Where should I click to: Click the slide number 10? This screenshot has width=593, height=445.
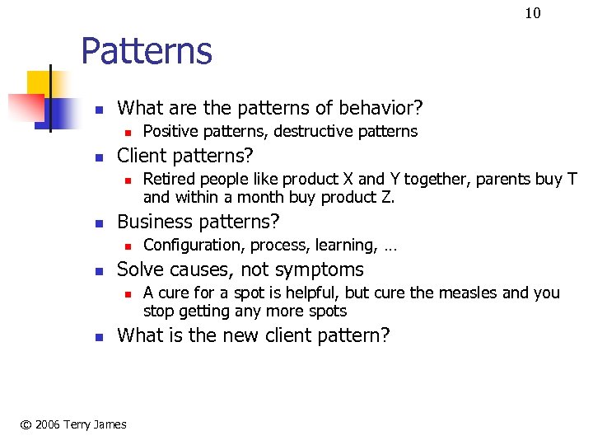click(x=533, y=12)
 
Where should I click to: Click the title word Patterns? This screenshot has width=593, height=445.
click(x=147, y=51)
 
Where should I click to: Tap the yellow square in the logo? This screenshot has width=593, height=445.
click(x=40, y=84)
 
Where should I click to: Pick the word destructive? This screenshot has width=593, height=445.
click(x=316, y=132)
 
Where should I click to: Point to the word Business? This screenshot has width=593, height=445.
click(x=156, y=222)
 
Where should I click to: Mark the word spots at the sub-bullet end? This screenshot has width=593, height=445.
click(x=326, y=311)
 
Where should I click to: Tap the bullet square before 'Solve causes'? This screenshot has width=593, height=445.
click(x=98, y=270)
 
